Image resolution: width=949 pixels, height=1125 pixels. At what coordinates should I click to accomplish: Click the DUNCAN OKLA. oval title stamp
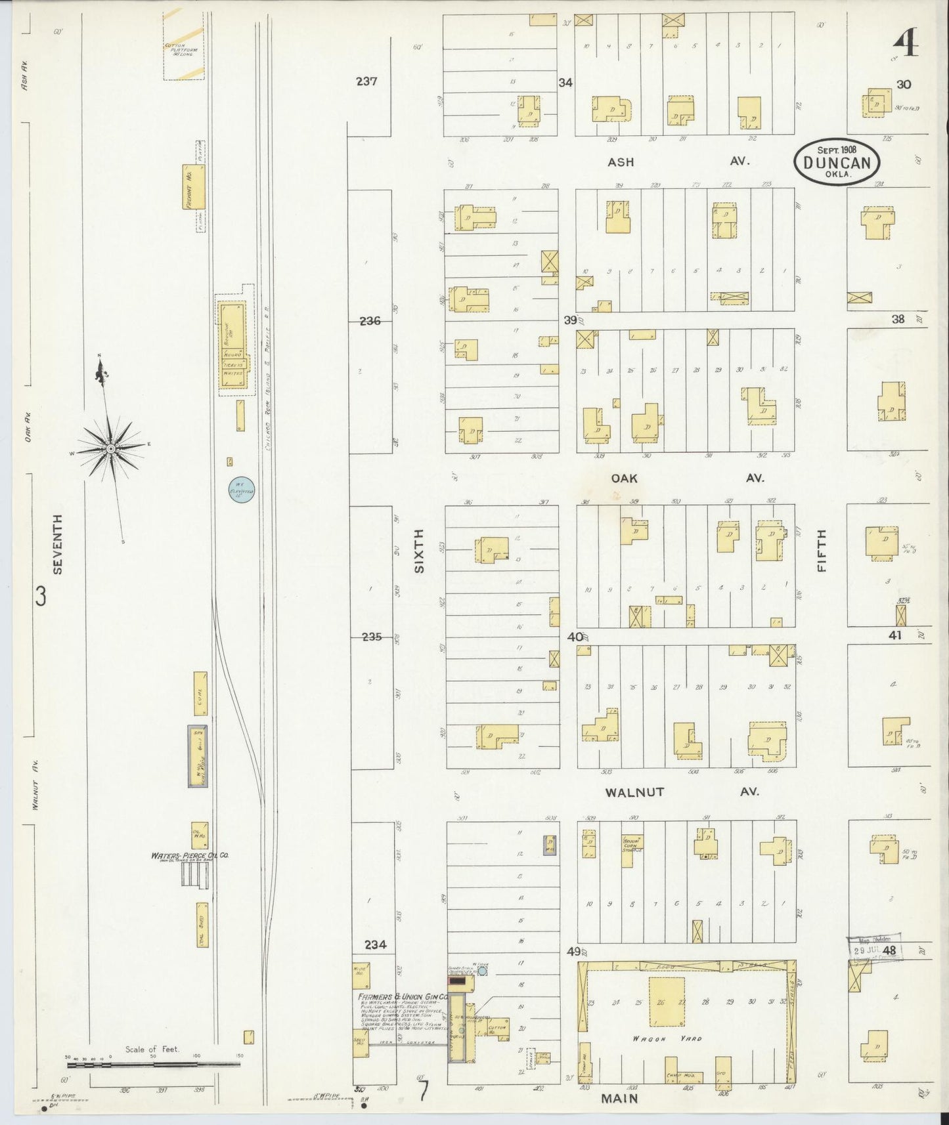tap(836, 161)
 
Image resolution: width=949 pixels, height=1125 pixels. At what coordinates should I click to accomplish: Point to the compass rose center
tap(111, 448)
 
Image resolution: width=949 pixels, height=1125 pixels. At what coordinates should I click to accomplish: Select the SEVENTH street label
tap(58, 544)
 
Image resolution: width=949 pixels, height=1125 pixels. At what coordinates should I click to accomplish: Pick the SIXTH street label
tap(419, 551)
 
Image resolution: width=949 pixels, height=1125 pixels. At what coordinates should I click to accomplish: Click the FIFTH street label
tap(822, 551)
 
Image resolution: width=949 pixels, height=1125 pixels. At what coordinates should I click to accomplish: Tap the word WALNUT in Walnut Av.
tap(634, 792)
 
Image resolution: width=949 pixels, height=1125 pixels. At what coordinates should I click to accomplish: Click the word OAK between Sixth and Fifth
tap(624, 478)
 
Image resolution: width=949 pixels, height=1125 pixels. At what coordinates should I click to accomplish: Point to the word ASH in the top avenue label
tap(621, 161)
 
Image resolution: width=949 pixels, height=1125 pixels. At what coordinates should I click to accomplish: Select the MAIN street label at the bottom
tap(619, 1097)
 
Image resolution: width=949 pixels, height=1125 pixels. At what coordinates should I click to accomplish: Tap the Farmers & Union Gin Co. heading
tap(403, 996)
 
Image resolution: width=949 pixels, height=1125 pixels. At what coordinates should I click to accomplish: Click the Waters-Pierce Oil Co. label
tap(189, 856)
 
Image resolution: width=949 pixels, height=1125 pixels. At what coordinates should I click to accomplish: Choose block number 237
tap(366, 82)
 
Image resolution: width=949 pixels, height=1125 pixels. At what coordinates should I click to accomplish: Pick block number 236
tap(370, 321)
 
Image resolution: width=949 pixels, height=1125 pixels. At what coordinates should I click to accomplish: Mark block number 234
tap(375, 945)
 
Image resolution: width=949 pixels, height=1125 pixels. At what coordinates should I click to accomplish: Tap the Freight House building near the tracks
tap(194, 187)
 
